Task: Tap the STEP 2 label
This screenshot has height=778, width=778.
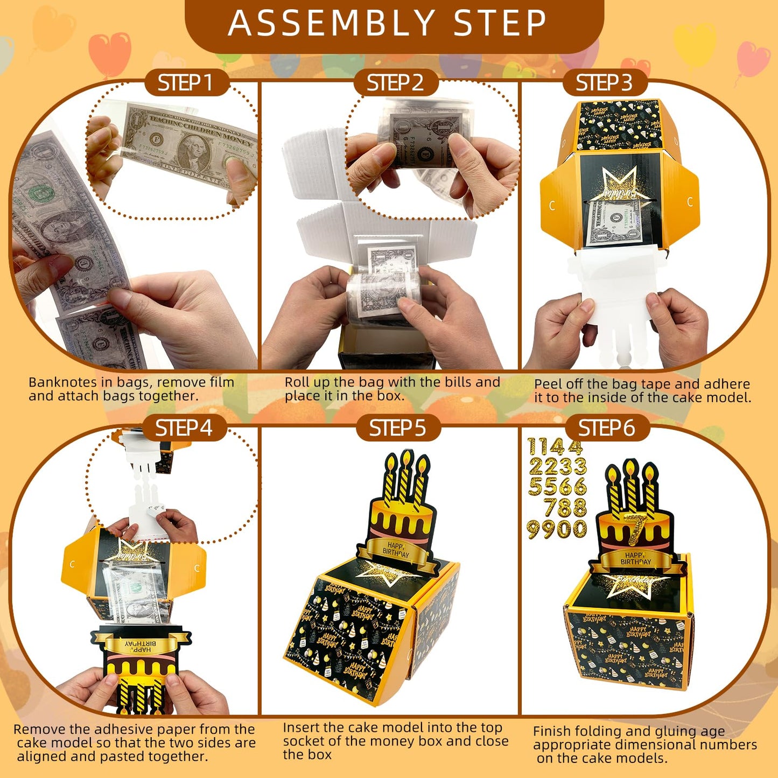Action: (395, 83)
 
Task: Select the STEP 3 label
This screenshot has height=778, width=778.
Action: (604, 83)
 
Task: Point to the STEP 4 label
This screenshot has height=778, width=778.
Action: (184, 429)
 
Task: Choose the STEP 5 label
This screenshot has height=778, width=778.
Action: (397, 429)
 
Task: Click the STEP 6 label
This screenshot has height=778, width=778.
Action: (606, 429)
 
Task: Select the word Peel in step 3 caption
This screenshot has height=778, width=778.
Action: (548, 384)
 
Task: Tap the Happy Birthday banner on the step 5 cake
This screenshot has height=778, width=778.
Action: (396, 550)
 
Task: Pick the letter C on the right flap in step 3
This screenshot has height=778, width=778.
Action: (690, 202)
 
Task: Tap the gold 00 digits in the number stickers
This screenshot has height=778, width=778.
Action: (572, 529)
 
